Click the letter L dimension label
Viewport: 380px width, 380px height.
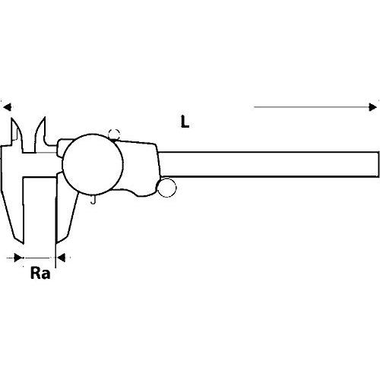(185, 122)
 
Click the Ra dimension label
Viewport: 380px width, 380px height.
(40, 274)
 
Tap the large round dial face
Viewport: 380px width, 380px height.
(93, 164)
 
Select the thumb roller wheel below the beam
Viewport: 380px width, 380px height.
(166, 188)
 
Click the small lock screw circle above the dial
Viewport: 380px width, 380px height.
(114, 134)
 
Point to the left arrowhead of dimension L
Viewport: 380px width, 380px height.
(7, 107)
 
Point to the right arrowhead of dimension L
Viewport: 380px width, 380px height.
(372, 107)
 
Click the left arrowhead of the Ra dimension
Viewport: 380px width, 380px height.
(18, 258)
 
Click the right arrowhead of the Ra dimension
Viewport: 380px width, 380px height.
(61, 258)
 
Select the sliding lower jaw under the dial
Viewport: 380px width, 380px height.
(66, 211)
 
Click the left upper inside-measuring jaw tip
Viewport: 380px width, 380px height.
(12, 119)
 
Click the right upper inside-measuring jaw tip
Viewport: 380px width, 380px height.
(45, 117)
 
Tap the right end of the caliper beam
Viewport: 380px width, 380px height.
(378, 164)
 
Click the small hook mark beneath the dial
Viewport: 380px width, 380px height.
(93, 200)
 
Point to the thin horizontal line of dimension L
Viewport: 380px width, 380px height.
(312, 107)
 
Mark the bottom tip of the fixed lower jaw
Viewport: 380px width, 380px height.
(24, 244)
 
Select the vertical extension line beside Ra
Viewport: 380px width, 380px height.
(55, 220)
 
